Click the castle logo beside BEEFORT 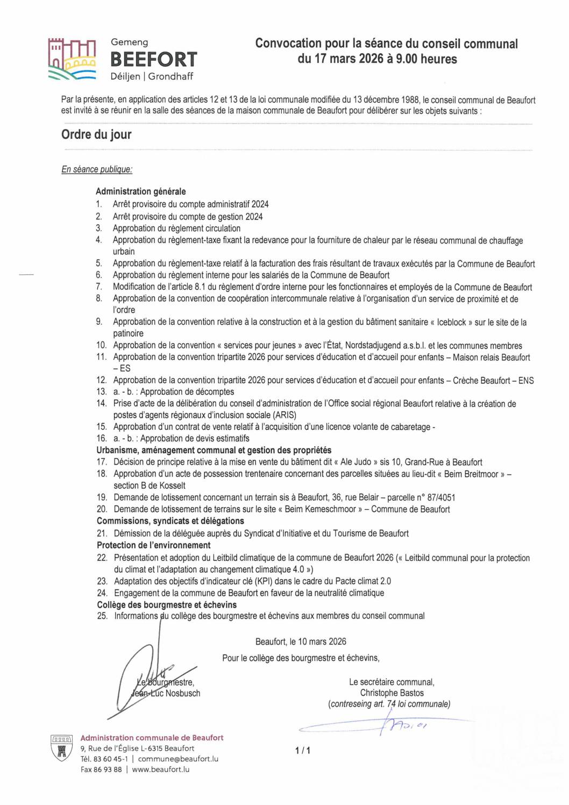(x=72, y=59)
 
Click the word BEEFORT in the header (x=154, y=59)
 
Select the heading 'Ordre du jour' (x=96, y=134)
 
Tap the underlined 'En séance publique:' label (x=97, y=169)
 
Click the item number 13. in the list (x=102, y=391)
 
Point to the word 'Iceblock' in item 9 (x=451, y=322)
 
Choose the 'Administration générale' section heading (x=141, y=191)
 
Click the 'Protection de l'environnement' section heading (x=154, y=545)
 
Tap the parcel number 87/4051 (x=441, y=497)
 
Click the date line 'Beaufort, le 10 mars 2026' (x=301, y=642)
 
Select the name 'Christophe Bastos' (x=392, y=693)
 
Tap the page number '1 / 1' (x=303, y=750)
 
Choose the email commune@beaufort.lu (x=178, y=759)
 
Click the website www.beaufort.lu (x=161, y=770)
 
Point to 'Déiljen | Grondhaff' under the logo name (x=152, y=76)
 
